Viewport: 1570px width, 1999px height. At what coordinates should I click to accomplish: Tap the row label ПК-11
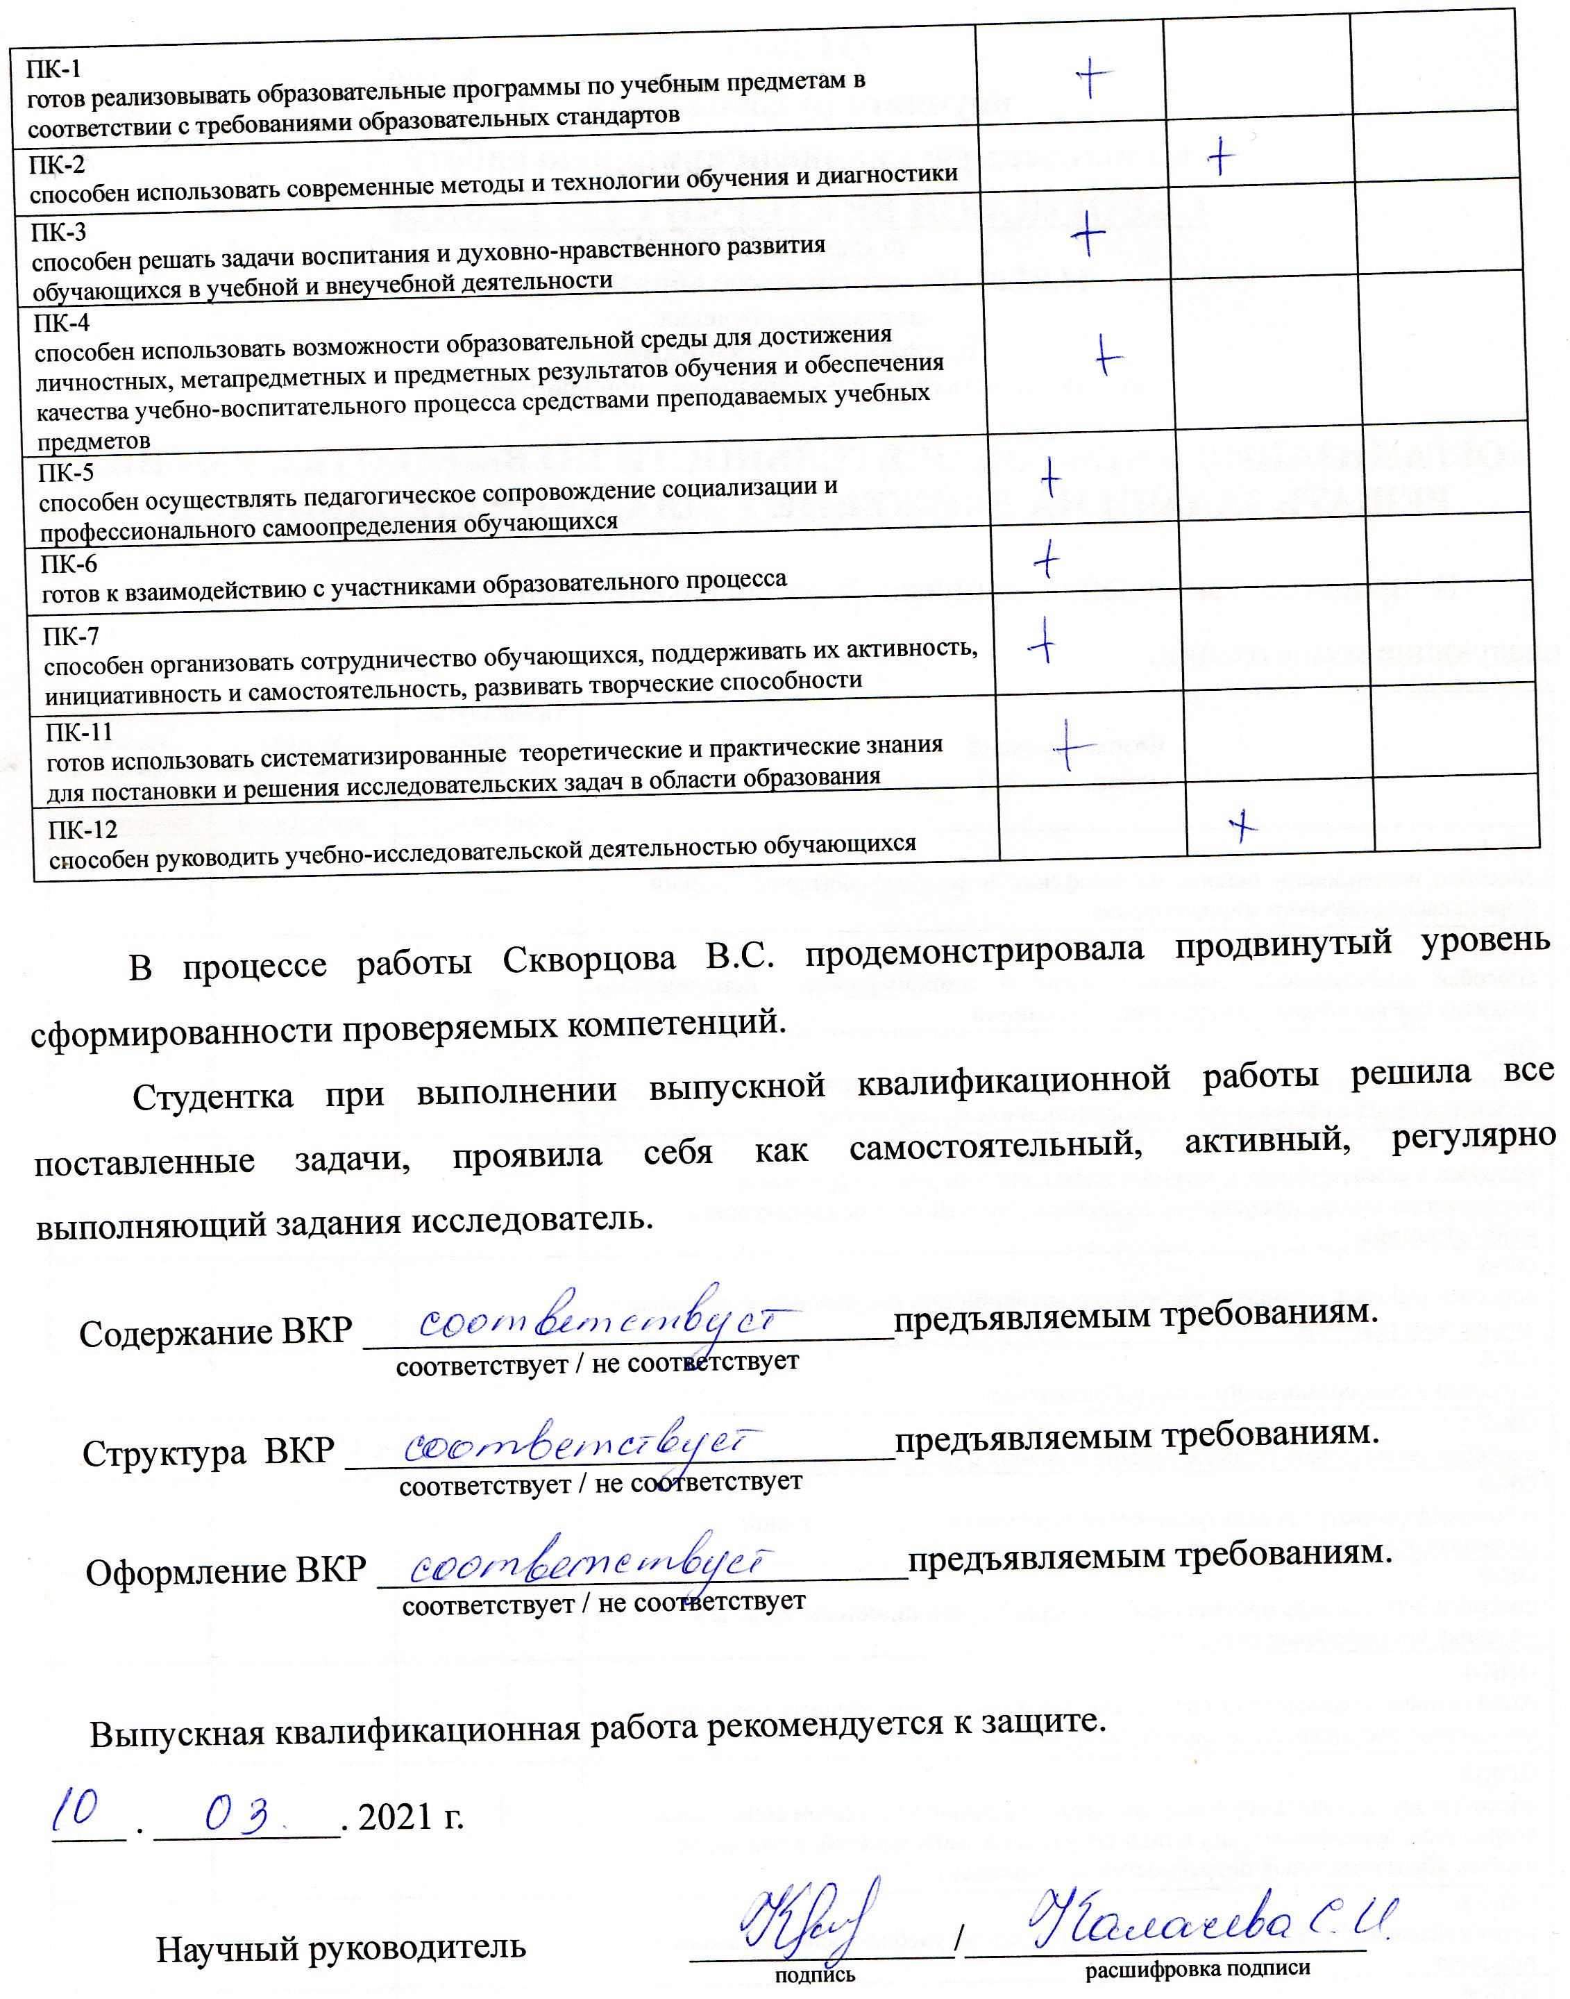click(79, 732)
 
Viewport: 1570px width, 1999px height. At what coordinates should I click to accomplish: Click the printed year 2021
click(396, 1817)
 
